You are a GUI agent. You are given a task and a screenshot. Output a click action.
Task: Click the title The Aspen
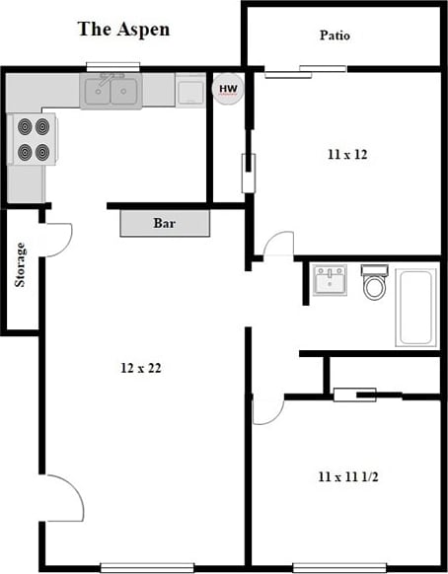(x=123, y=29)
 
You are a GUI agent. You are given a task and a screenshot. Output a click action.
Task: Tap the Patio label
(x=335, y=36)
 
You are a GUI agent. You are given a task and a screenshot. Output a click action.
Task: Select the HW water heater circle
(x=228, y=90)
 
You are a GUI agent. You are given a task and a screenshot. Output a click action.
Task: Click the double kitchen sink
(x=111, y=92)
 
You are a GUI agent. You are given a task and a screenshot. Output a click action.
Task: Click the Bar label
(x=165, y=223)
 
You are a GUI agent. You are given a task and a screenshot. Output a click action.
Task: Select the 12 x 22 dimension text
(x=140, y=368)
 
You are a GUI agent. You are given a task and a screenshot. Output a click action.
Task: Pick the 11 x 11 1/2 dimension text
(x=348, y=477)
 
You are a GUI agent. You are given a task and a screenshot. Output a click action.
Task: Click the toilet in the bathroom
(x=375, y=283)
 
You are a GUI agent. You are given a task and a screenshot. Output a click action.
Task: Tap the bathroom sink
(x=330, y=279)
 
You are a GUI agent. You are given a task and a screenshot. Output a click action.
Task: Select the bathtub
(x=415, y=306)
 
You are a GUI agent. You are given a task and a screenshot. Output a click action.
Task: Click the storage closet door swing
(x=57, y=238)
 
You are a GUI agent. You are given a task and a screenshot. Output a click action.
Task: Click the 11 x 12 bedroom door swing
(x=278, y=245)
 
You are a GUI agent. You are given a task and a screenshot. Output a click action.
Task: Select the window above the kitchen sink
(x=112, y=67)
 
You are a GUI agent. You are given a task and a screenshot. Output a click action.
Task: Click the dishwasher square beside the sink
(x=190, y=91)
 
